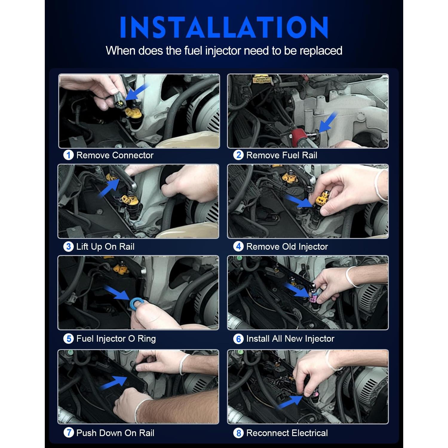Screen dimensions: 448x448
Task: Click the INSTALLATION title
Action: point(224,27)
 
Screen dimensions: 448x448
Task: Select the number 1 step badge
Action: point(68,155)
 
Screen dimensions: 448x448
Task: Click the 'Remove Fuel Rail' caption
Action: point(281,155)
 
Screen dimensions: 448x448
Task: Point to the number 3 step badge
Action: point(68,247)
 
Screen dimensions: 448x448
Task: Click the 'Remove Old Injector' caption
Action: point(287,247)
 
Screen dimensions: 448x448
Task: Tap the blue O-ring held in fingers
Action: point(136,303)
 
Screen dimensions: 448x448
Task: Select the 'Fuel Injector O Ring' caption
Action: point(116,339)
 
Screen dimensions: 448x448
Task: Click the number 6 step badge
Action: point(238,339)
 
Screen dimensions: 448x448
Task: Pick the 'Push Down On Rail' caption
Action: point(115,433)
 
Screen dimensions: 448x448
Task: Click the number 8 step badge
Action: point(238,433)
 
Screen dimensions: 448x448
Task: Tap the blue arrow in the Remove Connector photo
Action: point(136,92)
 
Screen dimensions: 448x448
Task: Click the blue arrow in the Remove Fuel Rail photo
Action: point(328,122)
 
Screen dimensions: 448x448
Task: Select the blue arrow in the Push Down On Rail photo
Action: point(113,383)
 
